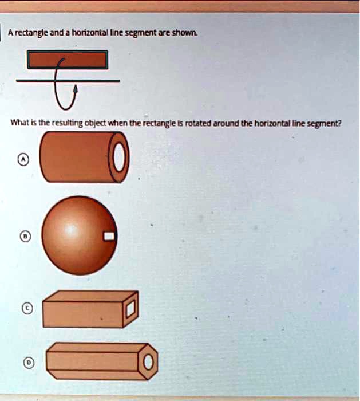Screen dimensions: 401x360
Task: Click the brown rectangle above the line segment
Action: [68, 60]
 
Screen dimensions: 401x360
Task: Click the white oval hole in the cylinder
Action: [118, 157]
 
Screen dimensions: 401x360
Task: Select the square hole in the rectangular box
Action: [130, 310]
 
